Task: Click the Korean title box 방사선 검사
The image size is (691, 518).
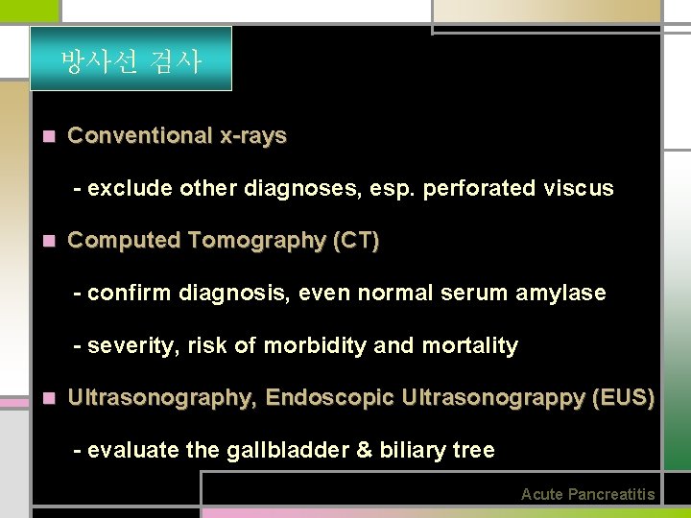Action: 131,59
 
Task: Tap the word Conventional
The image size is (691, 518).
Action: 140,136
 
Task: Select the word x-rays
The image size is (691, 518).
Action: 253,136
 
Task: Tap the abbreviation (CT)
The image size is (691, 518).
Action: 355,241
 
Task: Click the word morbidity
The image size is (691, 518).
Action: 313,345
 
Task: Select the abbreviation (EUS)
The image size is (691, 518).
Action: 624,397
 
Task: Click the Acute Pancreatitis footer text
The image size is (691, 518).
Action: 587,495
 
